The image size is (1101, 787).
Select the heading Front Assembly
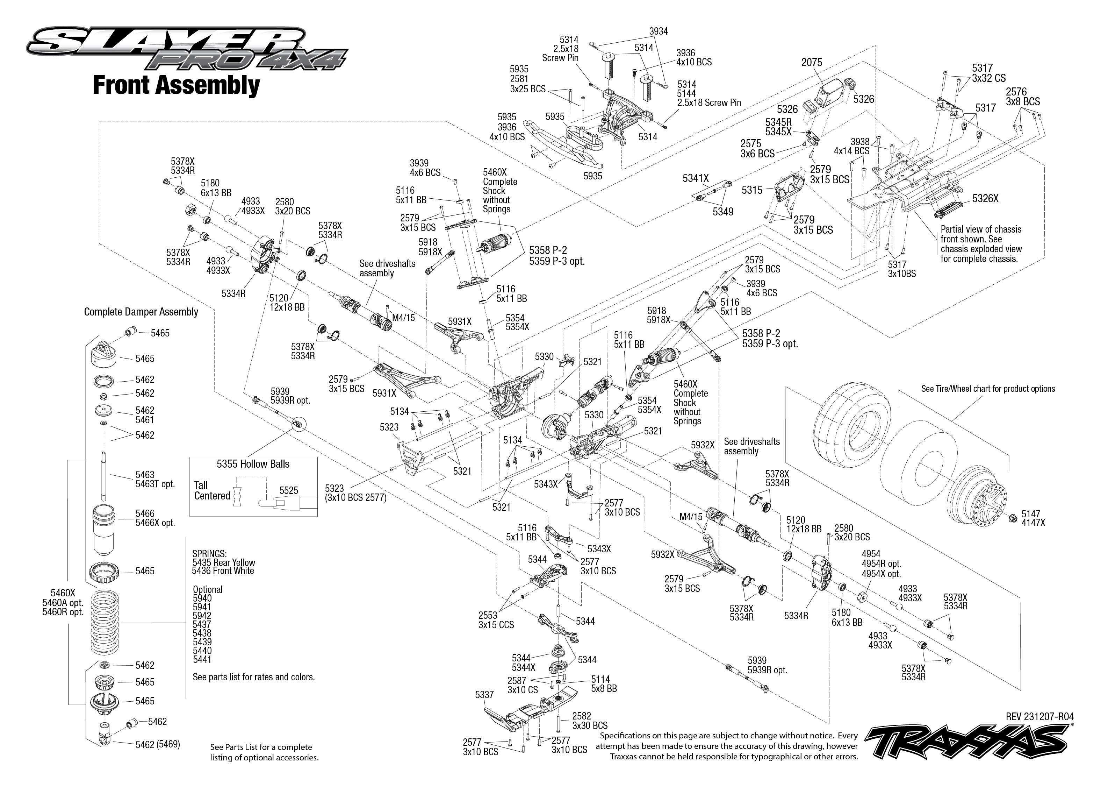[x=176, y=85]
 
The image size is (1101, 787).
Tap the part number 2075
[x=812, y=63]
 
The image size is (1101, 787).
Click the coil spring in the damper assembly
[x=105, y=623]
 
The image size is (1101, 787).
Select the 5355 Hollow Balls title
[x=253, y=464]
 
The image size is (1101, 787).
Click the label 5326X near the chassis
[x=985, y=198]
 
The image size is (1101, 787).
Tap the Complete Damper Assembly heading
[x=141, y=312]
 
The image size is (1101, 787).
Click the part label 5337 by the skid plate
[x=484, y=694]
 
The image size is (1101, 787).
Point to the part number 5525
[x=289, y=490]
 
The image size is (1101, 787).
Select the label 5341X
[x=695, y=178]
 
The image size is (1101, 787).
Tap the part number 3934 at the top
[x=658, y=31]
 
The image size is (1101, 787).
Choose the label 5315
[x=752, y=190]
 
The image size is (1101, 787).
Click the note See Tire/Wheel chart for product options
[x=988, y=389]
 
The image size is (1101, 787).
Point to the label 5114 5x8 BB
[x=603, y=684]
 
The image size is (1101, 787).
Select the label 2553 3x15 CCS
[x=496, y=620]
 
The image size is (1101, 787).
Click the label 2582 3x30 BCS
[x=589, y=721]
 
